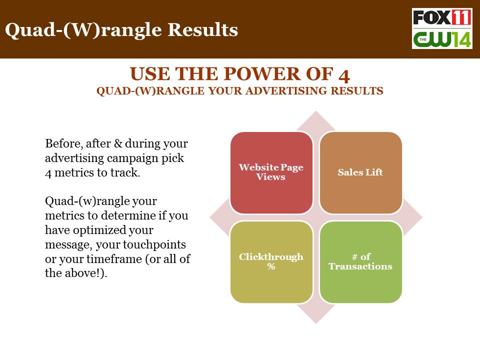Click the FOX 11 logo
[441, 17]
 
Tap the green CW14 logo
[441, 39]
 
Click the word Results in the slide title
[202, 29]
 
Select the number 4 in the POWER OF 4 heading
[344, 75]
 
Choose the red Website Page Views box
[271, 172]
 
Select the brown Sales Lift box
[360, 172]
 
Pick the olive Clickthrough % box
[271, 262]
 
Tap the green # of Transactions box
[360, 262]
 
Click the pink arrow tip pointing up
[316, 111]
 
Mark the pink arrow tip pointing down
[316, 323]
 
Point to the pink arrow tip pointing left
[210, 217]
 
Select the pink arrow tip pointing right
[422, 217]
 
